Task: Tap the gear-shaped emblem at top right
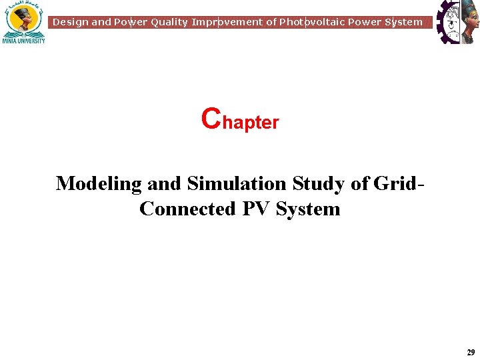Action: click(x=457, y=21)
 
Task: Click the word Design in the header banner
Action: click(x=70, y=22)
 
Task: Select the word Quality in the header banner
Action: click(x=169, y=22)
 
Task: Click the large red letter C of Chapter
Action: click(x=210, y=118)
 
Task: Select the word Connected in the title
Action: click(x=188, y=209)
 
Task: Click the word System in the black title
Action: click(x=308, y=209)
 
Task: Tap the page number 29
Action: click(x=471, y=352)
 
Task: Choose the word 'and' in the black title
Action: click(x=164, y=183)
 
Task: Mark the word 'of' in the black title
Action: click(x=360, y=183)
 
